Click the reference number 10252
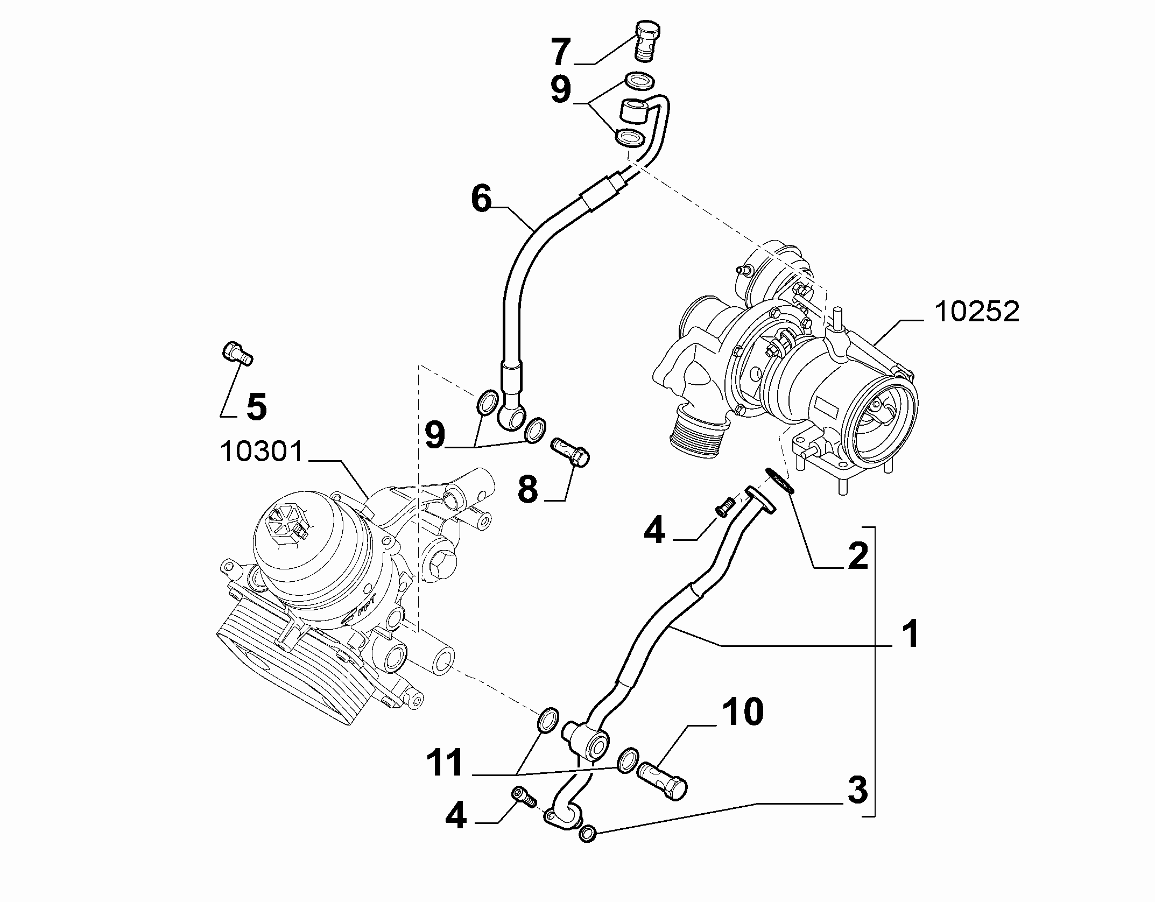click(976, 312)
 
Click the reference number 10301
click(263, 452)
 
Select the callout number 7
click(560, 52)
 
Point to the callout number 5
click(257, 406)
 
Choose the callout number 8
click(528, 489)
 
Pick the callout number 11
click(445, 763)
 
